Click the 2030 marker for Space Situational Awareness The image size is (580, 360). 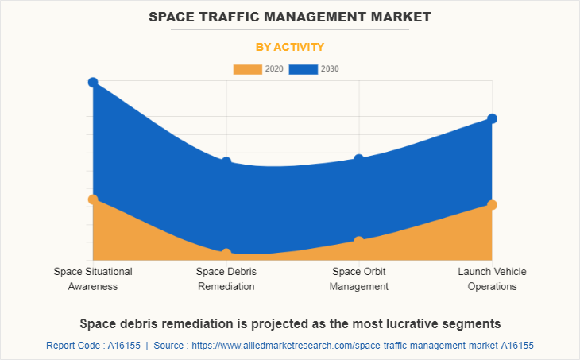coord(93,83)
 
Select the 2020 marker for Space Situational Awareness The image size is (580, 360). coord(93,199)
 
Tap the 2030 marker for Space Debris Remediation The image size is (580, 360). coord(226,162)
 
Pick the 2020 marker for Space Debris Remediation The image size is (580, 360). coord(226,254)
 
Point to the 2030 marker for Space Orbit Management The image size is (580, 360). coord(359,159)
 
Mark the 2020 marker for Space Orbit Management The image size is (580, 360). coord(359,241)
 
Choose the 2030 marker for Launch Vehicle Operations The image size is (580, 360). coord(492,118)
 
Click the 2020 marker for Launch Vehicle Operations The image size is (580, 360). coord(492,205)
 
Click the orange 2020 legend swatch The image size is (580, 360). coord(247,69)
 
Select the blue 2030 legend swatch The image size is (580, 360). coord(304,69)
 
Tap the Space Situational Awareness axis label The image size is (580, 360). coord(93,279)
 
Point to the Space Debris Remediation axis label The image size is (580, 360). coord(226,279)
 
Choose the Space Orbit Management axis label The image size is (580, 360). coord(359,279)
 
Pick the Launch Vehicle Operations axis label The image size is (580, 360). coord(492,279)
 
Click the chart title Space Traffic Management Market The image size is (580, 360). coord(290,16)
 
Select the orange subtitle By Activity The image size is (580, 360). coord(290,47)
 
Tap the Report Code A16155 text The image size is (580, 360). coord(93,346)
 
